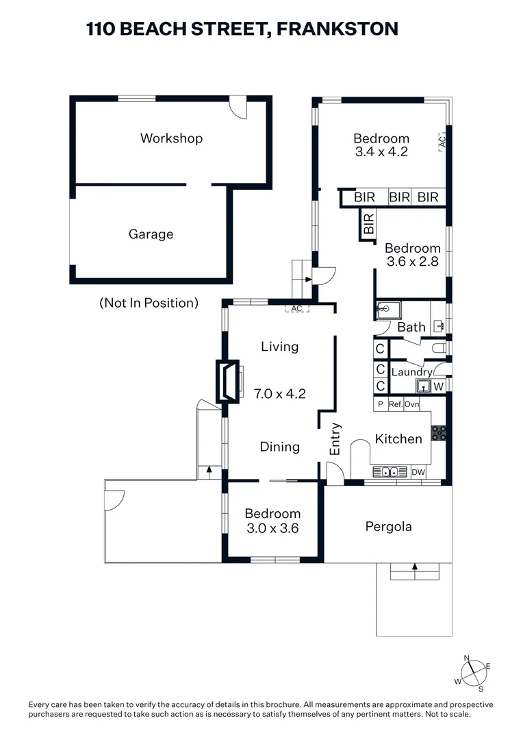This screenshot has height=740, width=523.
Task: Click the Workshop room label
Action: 171,138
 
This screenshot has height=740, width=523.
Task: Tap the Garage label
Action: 151,234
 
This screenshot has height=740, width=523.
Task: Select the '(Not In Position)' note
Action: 149,302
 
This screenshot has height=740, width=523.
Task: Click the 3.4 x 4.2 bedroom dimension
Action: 381,152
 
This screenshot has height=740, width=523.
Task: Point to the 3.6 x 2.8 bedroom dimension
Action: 411,262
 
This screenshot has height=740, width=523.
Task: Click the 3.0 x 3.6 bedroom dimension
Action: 272,528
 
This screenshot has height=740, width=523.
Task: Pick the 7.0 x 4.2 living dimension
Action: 279,394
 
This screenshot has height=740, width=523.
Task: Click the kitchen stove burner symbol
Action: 438,433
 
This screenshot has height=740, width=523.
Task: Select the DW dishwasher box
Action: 418,472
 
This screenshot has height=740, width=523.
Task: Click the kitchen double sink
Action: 390,472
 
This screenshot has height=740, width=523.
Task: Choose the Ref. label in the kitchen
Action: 395,404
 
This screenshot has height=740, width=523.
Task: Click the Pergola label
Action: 388,527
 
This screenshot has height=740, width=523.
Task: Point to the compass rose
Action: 472,672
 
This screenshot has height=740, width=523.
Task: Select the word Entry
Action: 335,439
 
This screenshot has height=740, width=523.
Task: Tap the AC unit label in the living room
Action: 296,309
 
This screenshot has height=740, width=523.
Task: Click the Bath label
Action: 411,328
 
